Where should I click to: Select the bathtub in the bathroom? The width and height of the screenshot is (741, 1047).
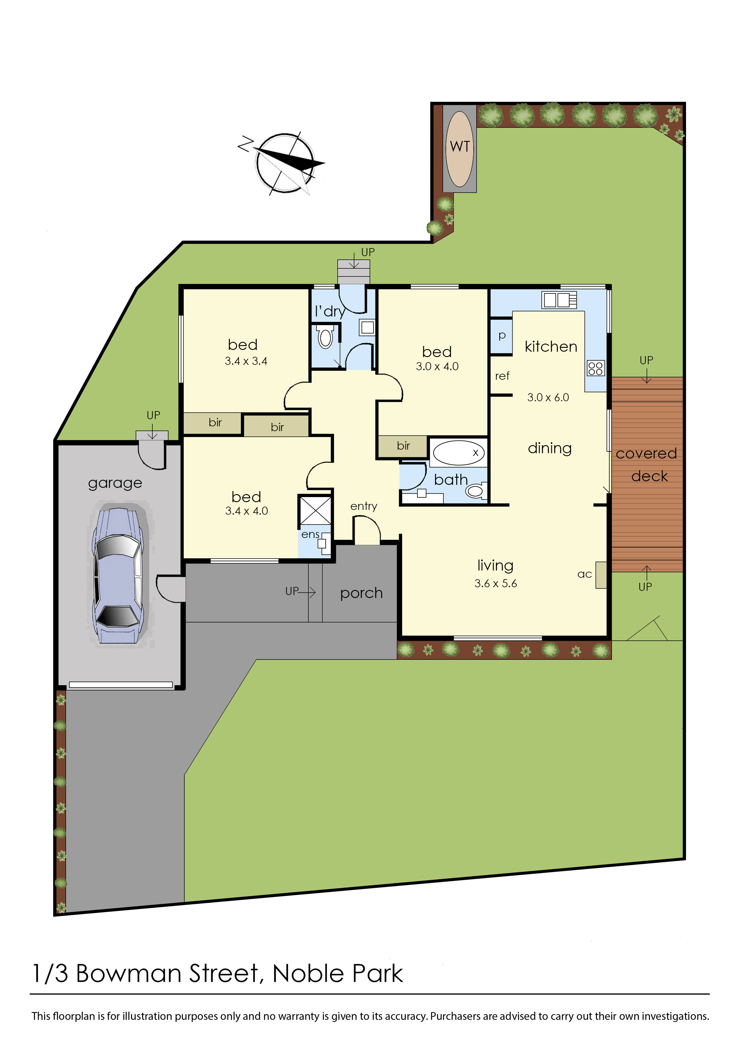coord(458,452)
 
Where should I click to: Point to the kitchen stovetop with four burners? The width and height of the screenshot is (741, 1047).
coord(595,368)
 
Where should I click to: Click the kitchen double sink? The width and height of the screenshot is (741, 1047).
coord(559,300)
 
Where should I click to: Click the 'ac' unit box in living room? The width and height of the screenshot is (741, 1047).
coord(601,575)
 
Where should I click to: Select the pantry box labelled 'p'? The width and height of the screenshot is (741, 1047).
coord(501,336)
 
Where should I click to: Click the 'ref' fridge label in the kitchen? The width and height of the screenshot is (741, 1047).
coord(502,376)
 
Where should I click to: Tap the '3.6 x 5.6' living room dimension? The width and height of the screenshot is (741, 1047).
coord(495,583)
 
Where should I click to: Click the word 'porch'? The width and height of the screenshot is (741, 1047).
coord(361,593)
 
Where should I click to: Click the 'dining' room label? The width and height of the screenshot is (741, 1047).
coord(550,448)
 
